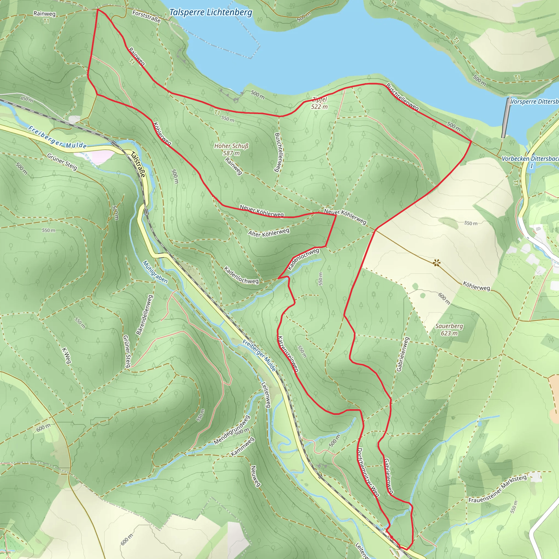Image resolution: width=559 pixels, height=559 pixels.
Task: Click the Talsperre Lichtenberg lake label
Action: click(210, 13)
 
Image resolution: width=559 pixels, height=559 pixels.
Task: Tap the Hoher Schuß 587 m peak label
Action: click(231, 149)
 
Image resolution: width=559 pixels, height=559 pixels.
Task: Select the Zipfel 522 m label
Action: click(319, 103)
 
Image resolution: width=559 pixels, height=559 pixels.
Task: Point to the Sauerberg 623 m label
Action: click(449, 329)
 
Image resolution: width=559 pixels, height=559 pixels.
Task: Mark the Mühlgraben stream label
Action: click(155, 272)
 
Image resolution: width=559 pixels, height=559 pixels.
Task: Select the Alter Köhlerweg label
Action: click(269, 233)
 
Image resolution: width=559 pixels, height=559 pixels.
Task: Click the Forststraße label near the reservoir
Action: click(146, 16)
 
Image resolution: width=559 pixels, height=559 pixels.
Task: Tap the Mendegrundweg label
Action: click(231, 430)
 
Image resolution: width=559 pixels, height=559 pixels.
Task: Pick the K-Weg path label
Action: click(67, 356)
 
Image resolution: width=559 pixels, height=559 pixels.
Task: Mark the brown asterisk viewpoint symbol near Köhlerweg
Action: click(437, 263)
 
